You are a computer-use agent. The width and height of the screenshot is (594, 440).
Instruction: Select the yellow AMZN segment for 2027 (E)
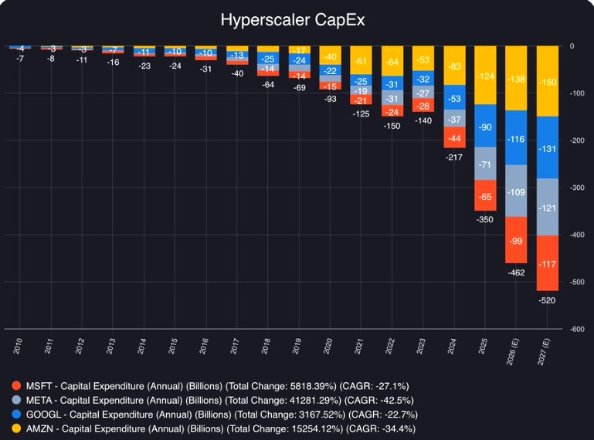(547, 81)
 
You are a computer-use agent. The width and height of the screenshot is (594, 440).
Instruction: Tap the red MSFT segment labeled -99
(516, 240)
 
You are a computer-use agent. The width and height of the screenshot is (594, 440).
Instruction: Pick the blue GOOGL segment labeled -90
(485, 127)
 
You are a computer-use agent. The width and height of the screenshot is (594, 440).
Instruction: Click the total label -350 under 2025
(485, 220)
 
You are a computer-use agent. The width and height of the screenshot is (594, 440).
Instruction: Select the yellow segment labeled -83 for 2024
(454, 66)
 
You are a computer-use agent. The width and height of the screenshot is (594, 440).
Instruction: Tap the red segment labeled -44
(454, 137)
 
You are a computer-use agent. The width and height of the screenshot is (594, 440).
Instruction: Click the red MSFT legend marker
(17, 386)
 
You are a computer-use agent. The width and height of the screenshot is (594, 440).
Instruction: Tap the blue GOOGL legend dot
(17, 414)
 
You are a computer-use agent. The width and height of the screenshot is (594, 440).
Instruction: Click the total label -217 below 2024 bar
(454, 157)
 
